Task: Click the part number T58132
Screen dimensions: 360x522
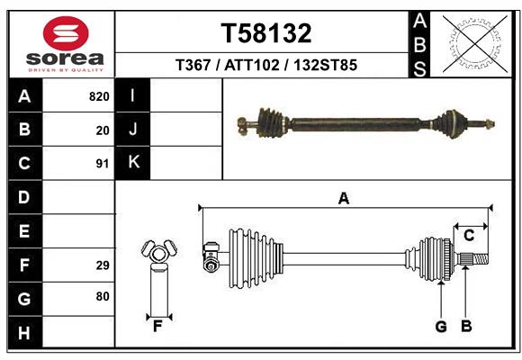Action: (x=266, y=33)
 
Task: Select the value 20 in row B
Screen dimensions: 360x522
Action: (x=103, y=130)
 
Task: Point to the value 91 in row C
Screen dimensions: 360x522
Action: (x=103, y=164)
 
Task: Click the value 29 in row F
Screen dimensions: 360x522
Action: (x=103, y=265)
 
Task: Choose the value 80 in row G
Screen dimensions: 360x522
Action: (x=103, y=296)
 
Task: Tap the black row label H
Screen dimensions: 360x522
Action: (x=23, y=334)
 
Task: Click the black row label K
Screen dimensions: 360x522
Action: (x=133, y=162)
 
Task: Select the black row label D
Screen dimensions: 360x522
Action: (x=23, y=197)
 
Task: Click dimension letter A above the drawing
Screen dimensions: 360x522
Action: (x=343, y=199)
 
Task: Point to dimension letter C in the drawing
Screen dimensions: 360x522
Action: (x=469, y=236)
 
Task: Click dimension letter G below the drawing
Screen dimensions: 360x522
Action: (x=441, y=326)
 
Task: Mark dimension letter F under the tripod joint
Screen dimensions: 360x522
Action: (x=157, y=326)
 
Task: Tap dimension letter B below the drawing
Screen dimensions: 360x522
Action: (x=466, y=326)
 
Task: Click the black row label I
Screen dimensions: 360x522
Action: (x=133, y=95)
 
